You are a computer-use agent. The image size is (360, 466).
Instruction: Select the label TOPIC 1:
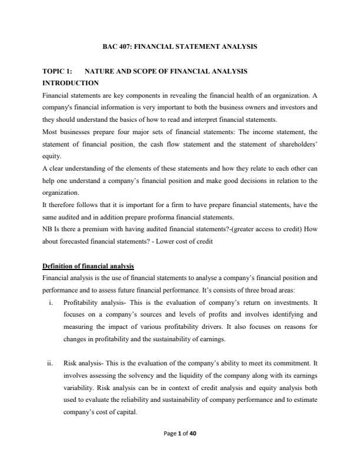58,71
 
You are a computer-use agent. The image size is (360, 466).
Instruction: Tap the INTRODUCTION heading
71,83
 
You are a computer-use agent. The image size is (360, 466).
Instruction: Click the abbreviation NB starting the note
48,228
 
